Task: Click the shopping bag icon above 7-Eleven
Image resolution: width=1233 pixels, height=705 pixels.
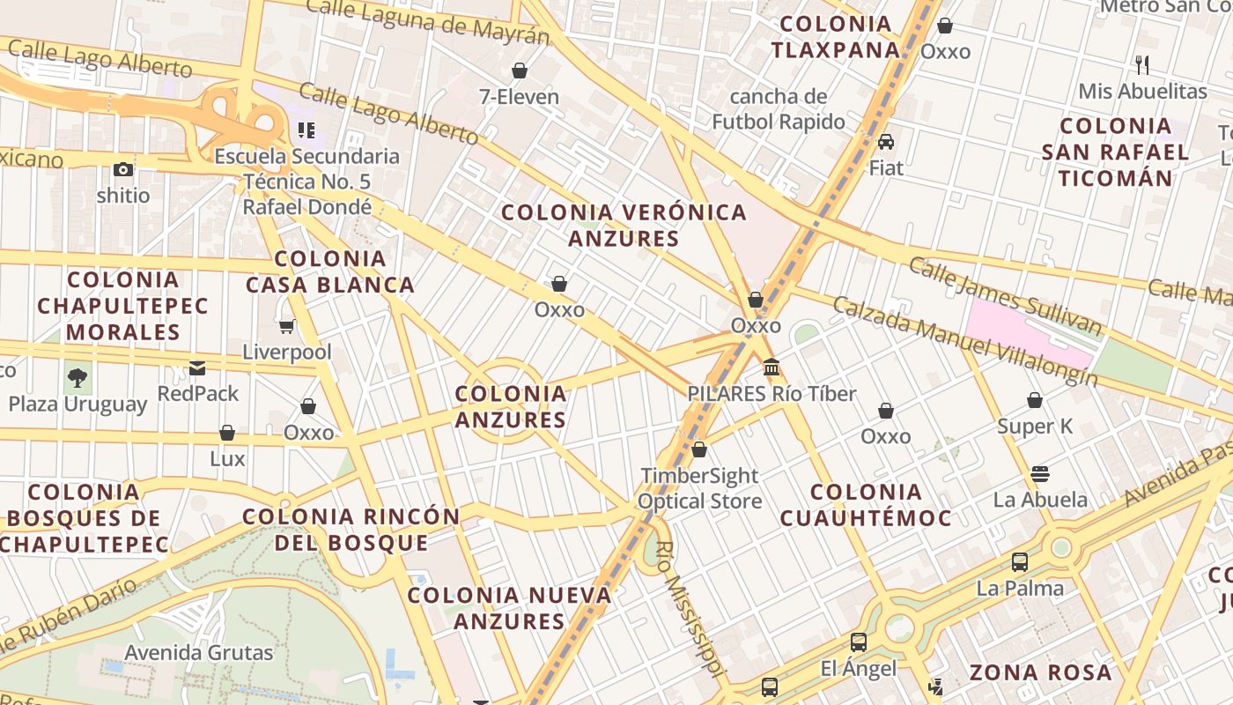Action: click(520, 70)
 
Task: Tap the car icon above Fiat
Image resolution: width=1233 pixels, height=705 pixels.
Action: click(886, 141)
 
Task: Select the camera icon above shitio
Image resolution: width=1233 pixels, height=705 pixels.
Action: click(123, 169)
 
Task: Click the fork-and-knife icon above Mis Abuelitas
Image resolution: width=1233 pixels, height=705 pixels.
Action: click(1142, 64)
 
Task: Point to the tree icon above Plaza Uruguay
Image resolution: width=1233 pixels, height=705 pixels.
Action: click(78, 378)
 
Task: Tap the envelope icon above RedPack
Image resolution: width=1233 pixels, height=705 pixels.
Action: click(197, 367)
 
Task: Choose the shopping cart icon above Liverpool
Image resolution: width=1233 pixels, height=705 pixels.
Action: click(287, 327)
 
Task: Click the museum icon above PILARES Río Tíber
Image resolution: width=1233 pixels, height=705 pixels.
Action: click(772, 367)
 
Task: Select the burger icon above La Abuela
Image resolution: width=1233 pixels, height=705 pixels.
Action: click(1039, 473)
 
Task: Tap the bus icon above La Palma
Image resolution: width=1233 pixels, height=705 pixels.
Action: click(1020, 561)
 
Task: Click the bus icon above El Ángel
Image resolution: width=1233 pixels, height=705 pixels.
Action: click(859, 642)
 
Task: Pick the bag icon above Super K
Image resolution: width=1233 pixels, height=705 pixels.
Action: click(1035, 400)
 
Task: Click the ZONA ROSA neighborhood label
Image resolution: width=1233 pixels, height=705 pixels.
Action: click(1040, 672)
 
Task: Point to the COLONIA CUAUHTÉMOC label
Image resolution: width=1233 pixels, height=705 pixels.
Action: click(866, 504)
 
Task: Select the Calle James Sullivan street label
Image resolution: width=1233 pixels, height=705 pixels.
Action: click(1005, 296)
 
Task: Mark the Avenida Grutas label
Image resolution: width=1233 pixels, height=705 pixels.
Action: click(199, 653)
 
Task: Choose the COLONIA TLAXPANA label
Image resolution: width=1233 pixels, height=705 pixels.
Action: click(835, 37)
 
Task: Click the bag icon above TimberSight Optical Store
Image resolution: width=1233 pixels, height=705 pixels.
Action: click(699, 449)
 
